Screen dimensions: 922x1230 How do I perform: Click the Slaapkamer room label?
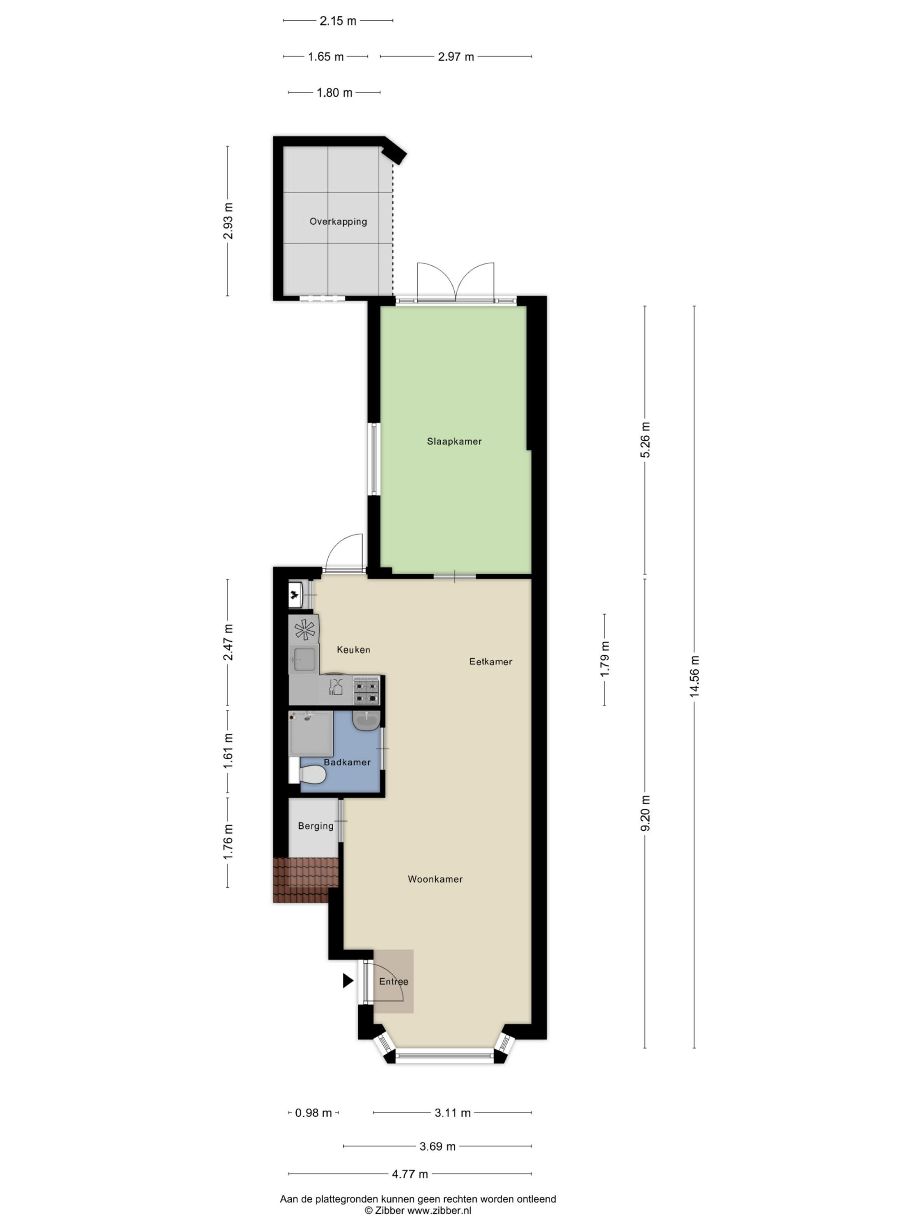[454, 442]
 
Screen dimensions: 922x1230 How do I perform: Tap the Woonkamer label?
[435, 879]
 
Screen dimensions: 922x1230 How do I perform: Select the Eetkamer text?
[491, 662]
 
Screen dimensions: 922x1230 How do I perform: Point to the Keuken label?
[353, 650]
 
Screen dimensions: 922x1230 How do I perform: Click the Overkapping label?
[338, 221]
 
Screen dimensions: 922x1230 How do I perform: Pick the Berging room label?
[315, 826]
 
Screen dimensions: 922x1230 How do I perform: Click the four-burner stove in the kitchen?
[367, 690]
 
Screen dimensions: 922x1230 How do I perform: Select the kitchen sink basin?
[304, 660]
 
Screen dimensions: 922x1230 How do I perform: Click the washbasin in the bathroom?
[366, 721]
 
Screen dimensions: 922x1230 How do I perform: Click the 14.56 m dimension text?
[694, 676]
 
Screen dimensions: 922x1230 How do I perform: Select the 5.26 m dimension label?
[645, 440]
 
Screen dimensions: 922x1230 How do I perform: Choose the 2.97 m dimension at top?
[456, 57]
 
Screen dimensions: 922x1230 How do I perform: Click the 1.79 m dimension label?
[605, 659]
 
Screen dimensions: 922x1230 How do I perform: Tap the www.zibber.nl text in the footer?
[439, 1210]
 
